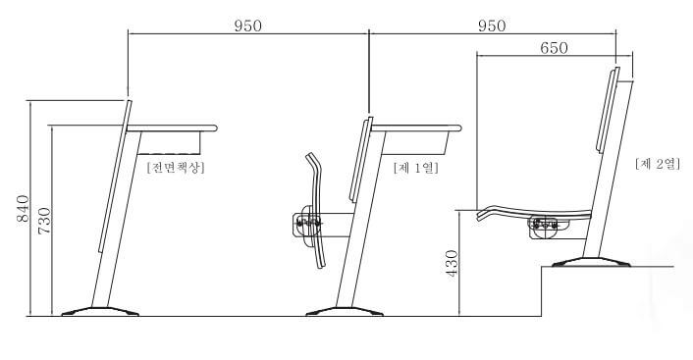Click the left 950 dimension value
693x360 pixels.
click(247, 26)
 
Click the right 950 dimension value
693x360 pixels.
click(492, 26)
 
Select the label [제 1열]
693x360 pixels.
click(415, 168)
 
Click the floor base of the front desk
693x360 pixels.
click(100, 312)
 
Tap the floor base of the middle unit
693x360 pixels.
click(344, 312)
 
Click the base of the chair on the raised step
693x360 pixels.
click(588, 261)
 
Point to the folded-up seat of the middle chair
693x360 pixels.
click(318, 209)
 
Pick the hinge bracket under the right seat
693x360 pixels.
click(544, 227)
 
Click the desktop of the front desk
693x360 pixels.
click(172, 128)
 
